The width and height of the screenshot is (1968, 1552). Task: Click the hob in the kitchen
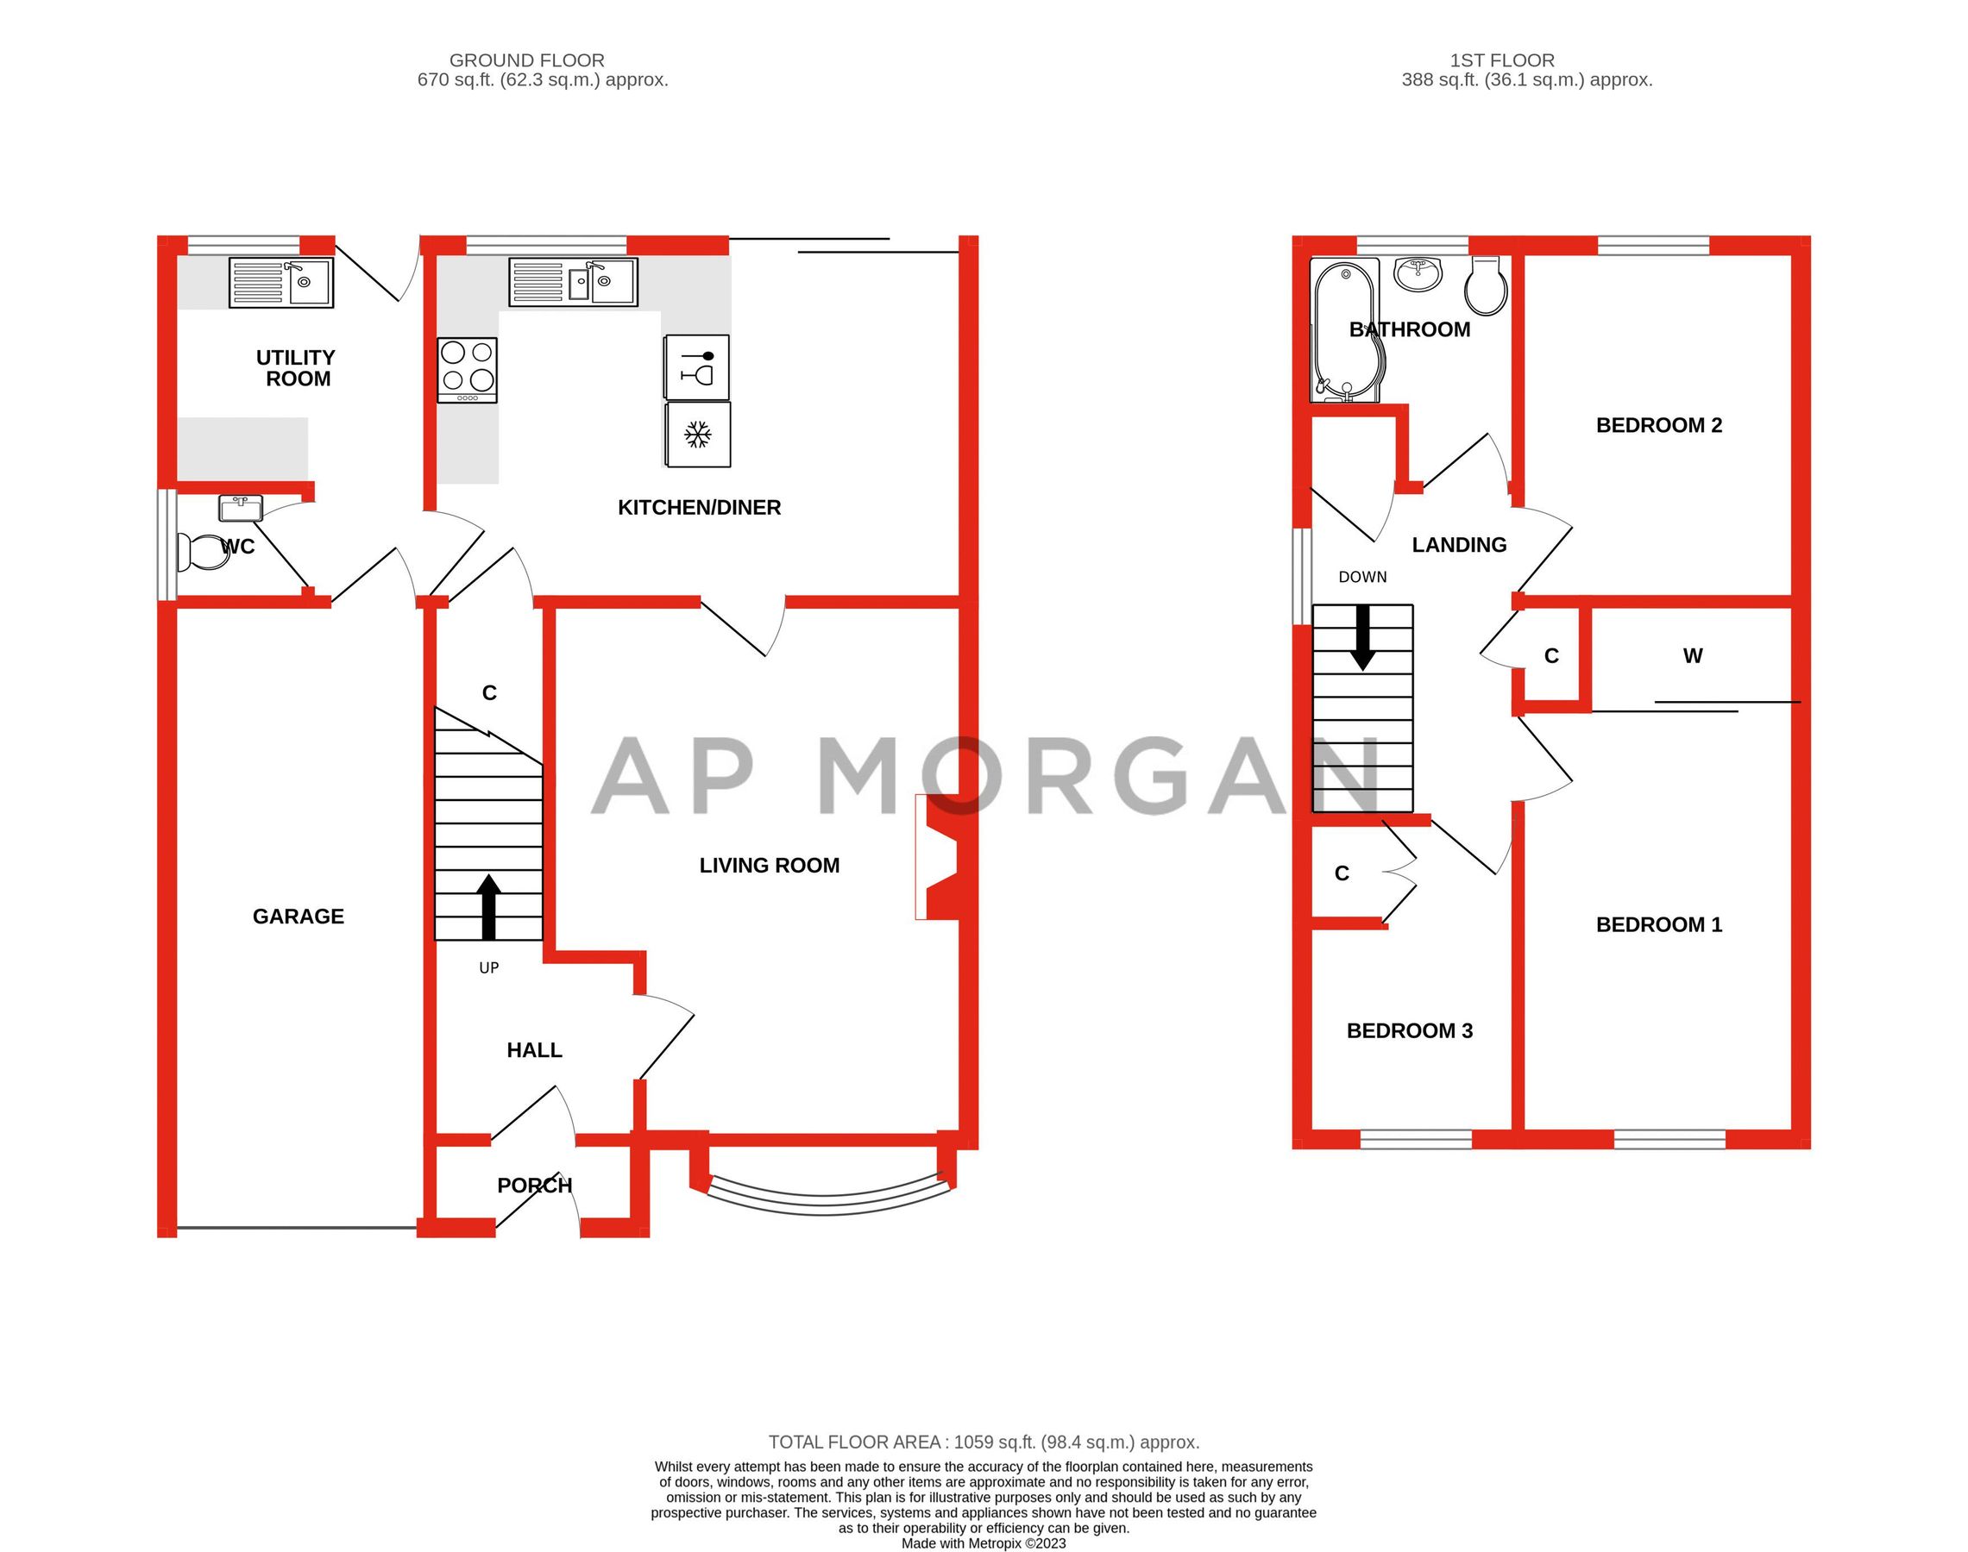pos(468,370)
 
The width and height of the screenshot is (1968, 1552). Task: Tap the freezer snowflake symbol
pos(697,435)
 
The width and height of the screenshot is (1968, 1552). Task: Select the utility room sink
pos(281,283)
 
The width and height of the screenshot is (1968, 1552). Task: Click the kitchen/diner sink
pos(573,282)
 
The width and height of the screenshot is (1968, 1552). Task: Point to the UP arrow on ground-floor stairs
pos(489,906)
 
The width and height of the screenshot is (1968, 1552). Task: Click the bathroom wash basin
pos(1418,273)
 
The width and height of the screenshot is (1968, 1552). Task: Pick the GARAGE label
pos(299,916)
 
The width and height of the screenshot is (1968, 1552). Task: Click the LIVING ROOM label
pos(769,865)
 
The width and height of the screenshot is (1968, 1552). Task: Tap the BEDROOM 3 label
pos(1409,1030)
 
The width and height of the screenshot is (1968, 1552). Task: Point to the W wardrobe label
pos(1692,656)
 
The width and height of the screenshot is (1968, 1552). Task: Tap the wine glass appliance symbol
pos(697,367)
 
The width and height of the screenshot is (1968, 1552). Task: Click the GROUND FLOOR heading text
pos(526,60)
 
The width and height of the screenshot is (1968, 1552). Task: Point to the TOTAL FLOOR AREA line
pos(984,1442)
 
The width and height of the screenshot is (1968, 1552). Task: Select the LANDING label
pos(1458,544)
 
